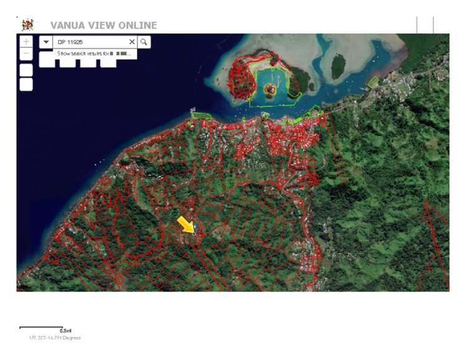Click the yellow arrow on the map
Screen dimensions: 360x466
tap(186, 224)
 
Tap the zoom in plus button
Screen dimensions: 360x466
tap(26, 42)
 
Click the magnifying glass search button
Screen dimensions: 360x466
tap(144, 42)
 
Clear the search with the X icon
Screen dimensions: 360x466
tap(131, 42)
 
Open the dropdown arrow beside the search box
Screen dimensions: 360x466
tap(46, 42)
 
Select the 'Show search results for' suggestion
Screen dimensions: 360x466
tap(93, 54)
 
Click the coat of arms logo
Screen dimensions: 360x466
tap(27, 25)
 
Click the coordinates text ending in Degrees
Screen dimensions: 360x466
tap(55, 338)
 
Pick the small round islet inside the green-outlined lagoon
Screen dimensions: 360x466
tap(269, 90)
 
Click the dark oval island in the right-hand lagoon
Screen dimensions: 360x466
tap(338, 66)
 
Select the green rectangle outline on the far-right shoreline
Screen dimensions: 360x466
tap(373, 81)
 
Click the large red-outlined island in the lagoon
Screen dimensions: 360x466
tap(243, 78)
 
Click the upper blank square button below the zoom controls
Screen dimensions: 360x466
tap(26, 70)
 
